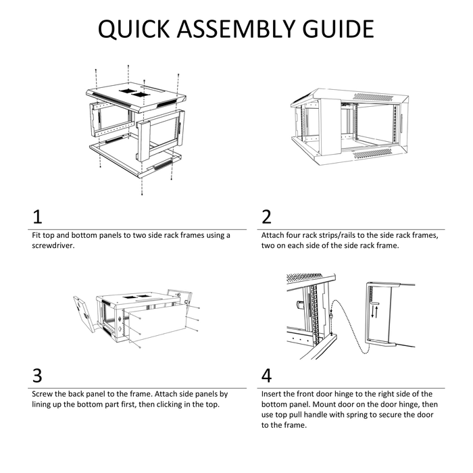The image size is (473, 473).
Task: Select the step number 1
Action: click(37, 217)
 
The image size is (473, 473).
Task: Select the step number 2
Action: click(266, 217)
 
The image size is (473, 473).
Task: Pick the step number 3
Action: click(37, 376)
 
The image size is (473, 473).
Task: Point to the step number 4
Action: click(267, 376)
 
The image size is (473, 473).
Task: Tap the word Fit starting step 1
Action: click(37, 235)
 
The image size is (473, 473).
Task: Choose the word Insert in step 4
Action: click(273, 393)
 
